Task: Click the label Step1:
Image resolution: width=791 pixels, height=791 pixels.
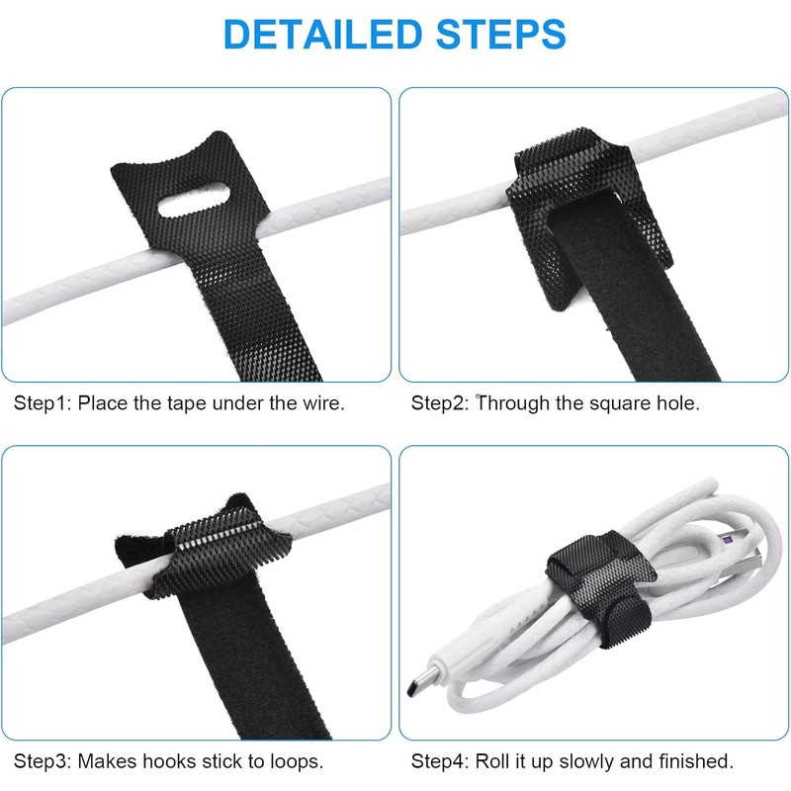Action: pyautogui.click(x=43, y=403)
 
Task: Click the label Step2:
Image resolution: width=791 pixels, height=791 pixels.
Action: pyautogui.click(x=440, y=403)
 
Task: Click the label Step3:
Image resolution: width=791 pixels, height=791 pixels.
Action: pyautogui.click(x=43, y=761)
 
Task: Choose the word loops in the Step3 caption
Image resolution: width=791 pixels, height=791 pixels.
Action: pyautogui.click(x=294, y=761)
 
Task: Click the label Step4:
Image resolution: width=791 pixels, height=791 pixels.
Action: pyautogui.click(x=440, y=761)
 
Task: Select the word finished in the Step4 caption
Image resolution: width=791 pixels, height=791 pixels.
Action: pyautogui.click(x=697, y=761)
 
